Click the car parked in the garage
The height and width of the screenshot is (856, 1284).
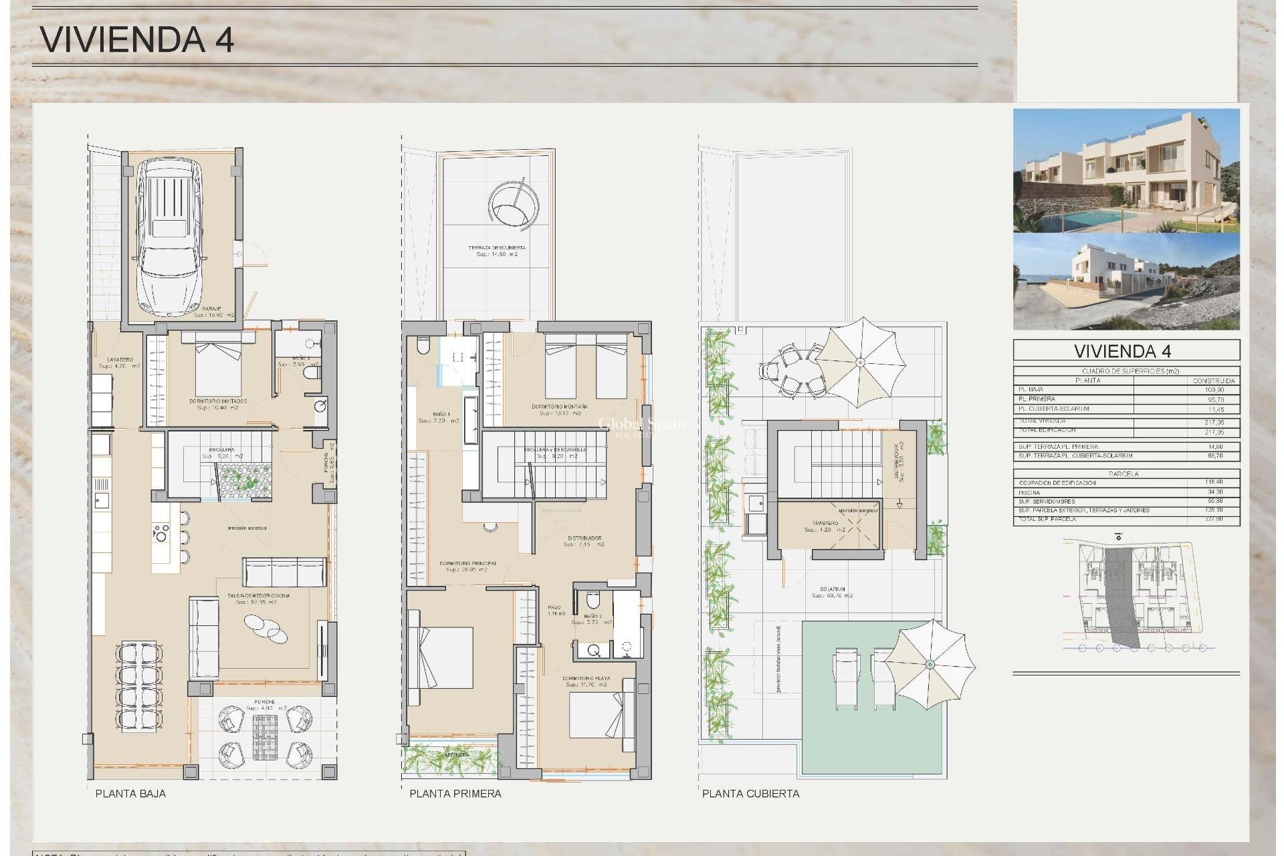click(169, 237)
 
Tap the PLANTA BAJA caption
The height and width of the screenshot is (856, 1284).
click(130, 794)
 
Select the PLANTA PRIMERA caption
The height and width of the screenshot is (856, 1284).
click(455, 794)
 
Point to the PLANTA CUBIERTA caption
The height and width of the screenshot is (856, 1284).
click(750, 794)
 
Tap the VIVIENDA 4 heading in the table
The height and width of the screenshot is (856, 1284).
click(1126, 351)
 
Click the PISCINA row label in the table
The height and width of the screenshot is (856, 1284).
click(1029, 492)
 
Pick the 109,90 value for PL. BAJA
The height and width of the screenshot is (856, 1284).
click(1213, 389)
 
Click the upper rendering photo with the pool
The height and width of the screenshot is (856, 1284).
click(1126, 171)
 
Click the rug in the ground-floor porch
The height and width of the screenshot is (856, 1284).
click(265, 736)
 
